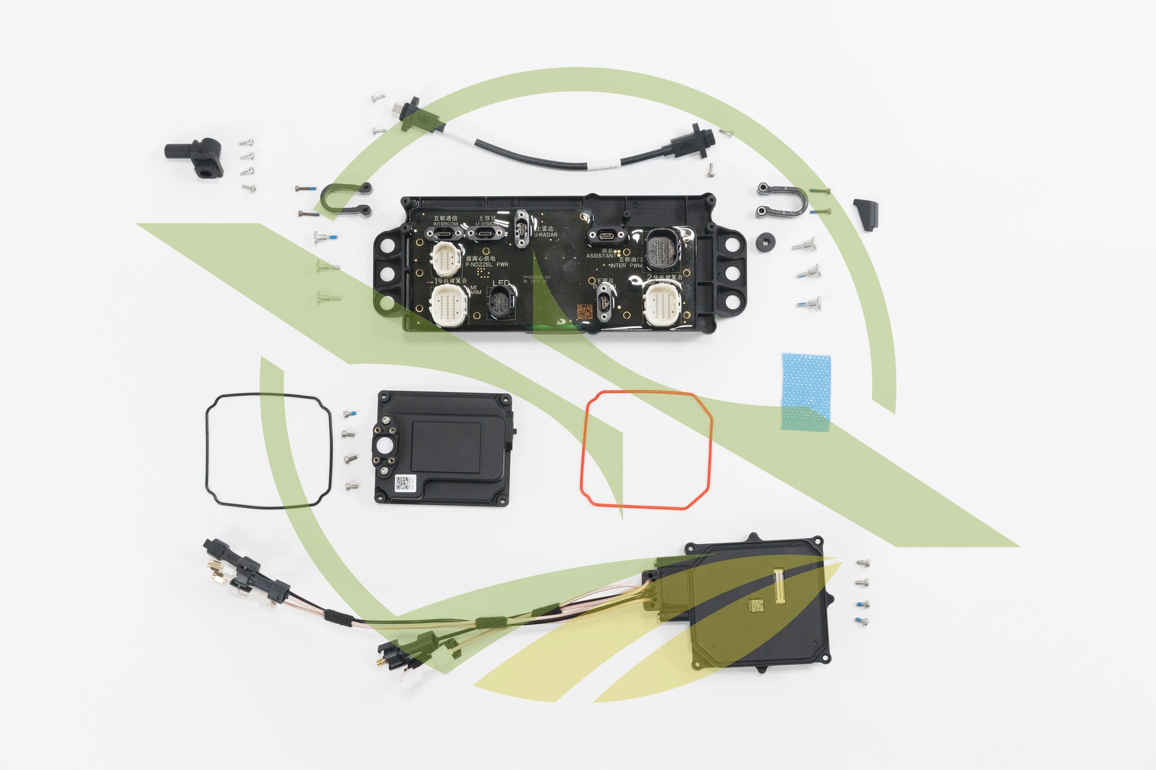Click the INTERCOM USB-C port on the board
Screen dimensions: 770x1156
click(446, 234)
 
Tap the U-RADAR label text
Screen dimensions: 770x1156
click(546, 235)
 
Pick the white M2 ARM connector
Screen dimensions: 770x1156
click(664, 303)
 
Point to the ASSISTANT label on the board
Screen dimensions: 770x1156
click(602, 256)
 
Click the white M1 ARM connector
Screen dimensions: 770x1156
click(449, 305)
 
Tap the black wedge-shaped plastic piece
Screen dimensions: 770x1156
click(866, 213)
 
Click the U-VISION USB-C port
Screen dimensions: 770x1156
click(485, 234)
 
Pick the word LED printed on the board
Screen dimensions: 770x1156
click(501, 283)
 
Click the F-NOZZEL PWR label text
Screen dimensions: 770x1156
click(487, 264)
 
